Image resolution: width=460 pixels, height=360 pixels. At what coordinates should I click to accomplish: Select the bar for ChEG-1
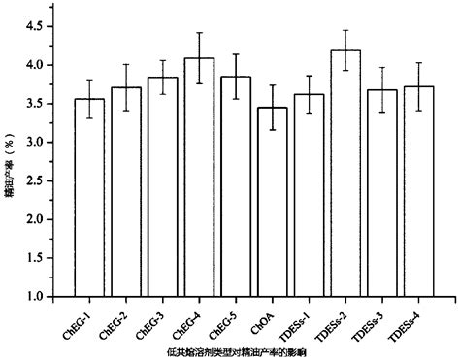[90, 204]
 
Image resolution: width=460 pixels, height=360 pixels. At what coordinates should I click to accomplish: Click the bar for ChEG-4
[199, 184]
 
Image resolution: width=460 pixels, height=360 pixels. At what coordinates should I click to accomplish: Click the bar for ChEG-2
[126, 199]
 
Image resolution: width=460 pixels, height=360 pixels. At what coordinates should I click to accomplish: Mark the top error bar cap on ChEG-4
[199, 33]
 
